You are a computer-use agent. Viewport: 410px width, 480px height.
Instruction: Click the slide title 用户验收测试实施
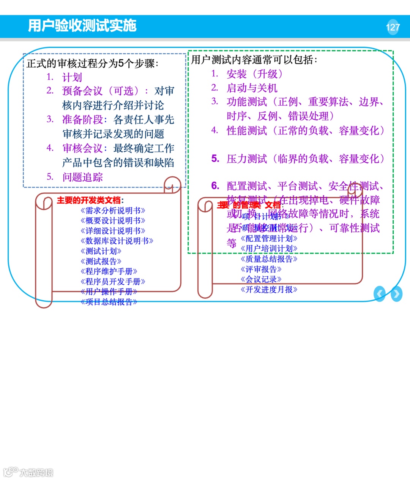pyautogui.click(x=82, y=25)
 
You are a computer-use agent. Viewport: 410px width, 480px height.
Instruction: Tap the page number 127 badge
pyautogui.click(x=393, y=27)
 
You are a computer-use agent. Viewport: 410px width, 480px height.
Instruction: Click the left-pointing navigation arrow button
pyautogui.click(x=380, y=294)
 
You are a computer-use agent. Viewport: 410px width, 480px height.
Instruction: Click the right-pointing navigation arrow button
pyautogui.click(x=396, y=294)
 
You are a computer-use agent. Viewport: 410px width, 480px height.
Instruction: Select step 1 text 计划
pyautogui.click(x=72, y=78)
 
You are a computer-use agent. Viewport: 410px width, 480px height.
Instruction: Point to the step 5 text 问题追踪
pyautogui.click(x=82, y=177)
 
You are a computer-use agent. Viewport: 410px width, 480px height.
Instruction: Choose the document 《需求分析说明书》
pyautogui.click(x=113, y=211)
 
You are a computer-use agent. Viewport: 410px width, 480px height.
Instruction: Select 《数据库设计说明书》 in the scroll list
pyautogui.click(x=117, y=241)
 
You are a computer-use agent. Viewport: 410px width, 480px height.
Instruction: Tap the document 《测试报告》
pyautogui.click(x=101, y=261)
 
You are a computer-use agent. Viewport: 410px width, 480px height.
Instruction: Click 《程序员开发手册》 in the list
pyautogui.click(x=113, y=282)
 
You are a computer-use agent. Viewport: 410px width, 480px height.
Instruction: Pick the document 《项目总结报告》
pyautogui.click(x=109, y=302)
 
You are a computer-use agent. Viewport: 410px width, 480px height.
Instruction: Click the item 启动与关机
pyautogui.click(x=252, y=88)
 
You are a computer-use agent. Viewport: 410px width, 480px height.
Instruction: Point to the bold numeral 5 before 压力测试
pyautogui.click(x=215, y=158)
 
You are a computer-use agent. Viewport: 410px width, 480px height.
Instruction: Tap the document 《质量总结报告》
pyautogui.click(x=269, y=259)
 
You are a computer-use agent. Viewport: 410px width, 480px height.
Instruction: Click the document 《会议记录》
pyautogui.click(x=261, y=279)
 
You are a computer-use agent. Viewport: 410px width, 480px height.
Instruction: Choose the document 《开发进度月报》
pyautogui.click(x=269, y=290)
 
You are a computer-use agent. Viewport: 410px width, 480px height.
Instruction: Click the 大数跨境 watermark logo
pyautogui.click(x=28, y=472)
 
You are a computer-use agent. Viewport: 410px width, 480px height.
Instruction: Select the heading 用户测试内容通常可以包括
pyautogui.click(x=254, y=60)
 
